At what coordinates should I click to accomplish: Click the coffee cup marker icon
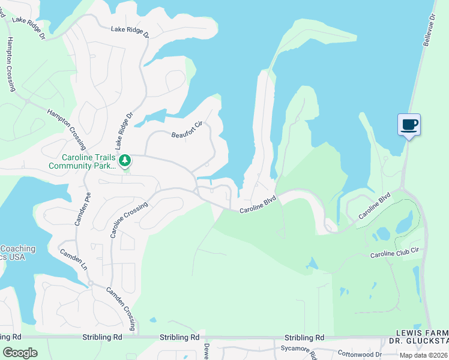(409, 125)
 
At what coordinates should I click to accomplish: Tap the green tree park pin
(125, 161)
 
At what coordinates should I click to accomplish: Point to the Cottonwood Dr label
(359, 354)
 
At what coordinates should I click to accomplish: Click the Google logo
(20, 352)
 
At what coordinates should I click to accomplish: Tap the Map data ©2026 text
(423, 355)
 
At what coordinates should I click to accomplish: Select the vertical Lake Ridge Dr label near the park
(123, 130)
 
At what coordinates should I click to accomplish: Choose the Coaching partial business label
(17, 248)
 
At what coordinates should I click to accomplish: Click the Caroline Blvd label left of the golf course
(258, 205)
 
